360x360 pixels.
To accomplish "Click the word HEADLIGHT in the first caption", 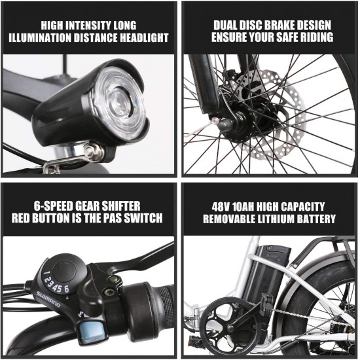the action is click(144, 38).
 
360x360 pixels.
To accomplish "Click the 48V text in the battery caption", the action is click(221, 207).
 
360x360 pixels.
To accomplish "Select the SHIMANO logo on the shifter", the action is click(48, 299).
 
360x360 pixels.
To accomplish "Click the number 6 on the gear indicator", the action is click(67, 289).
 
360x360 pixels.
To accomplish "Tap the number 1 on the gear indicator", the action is click(47, 273).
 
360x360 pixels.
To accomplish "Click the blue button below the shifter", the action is click(92, 333).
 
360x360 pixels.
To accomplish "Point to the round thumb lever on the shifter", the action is click(64, 272).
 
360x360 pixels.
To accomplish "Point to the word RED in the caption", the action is click(21, 218).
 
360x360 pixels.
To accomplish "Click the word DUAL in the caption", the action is click(226, 26).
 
